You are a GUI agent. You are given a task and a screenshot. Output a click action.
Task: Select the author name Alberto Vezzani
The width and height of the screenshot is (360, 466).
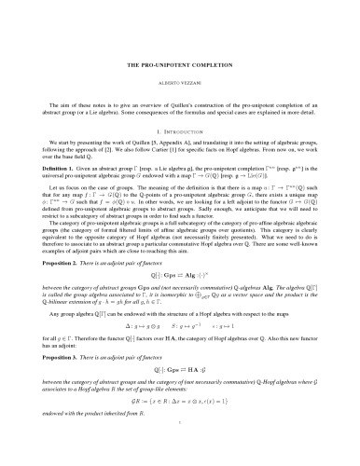point(180,59)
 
